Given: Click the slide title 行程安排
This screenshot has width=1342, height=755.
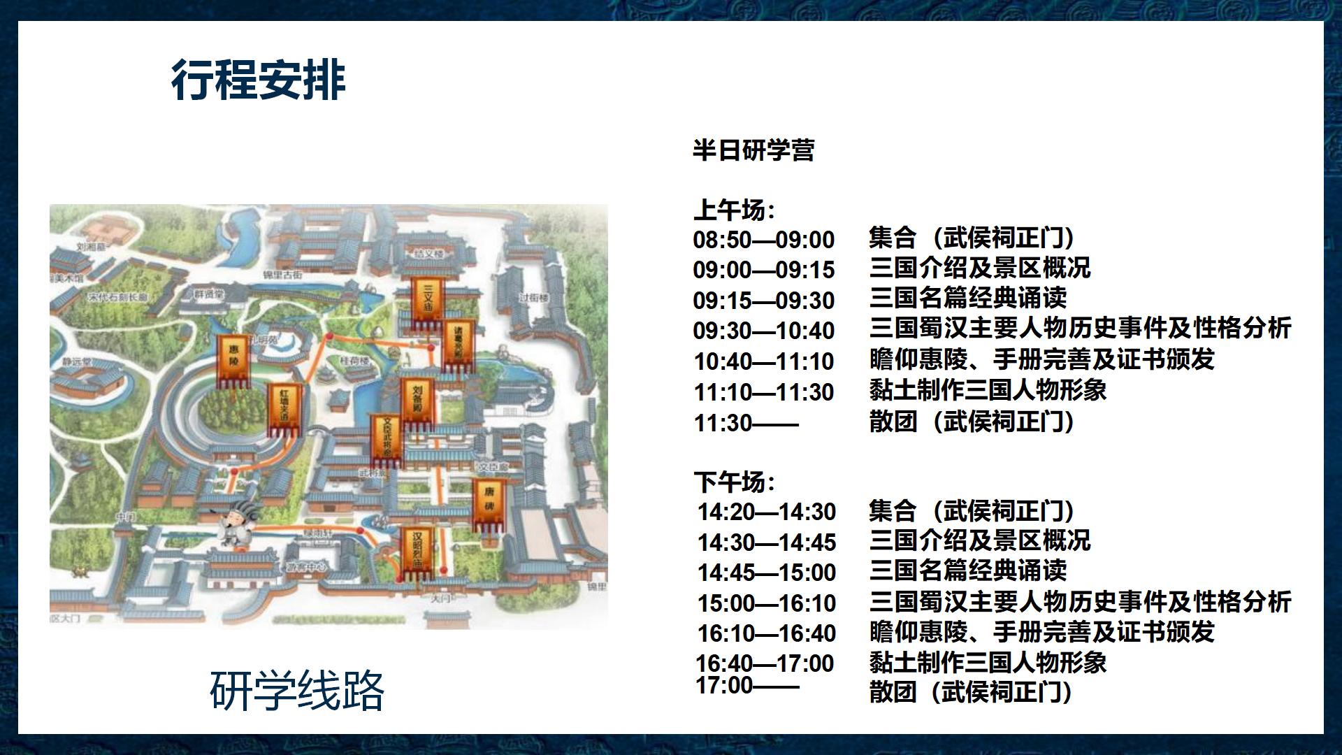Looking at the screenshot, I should point(258,80).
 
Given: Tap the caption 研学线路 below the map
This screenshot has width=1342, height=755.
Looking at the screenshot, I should point(297,691).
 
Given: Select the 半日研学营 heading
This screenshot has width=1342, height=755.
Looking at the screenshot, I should point(753,150).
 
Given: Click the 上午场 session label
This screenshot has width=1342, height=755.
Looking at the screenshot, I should point(734,210).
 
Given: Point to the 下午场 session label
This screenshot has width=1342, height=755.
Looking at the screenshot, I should point(734,482).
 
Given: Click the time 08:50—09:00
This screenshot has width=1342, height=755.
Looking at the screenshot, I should point(764,240).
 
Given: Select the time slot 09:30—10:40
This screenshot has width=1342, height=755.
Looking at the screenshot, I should point(764,331).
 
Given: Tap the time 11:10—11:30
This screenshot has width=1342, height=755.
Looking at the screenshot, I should point(764,392).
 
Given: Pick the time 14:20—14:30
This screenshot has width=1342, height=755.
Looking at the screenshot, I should point(767,512).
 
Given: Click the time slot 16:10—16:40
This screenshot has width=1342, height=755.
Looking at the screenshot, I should point(767,633).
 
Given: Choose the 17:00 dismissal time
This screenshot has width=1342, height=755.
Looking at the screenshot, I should point(746,686).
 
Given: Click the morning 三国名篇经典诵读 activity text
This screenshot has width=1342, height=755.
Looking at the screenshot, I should point(968,299).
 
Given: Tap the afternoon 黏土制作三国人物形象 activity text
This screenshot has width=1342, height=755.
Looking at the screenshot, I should point(988,663).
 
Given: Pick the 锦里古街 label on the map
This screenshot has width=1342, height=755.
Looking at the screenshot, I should point(282,275).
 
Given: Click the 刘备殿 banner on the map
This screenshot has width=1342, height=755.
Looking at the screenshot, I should point(417,402).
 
